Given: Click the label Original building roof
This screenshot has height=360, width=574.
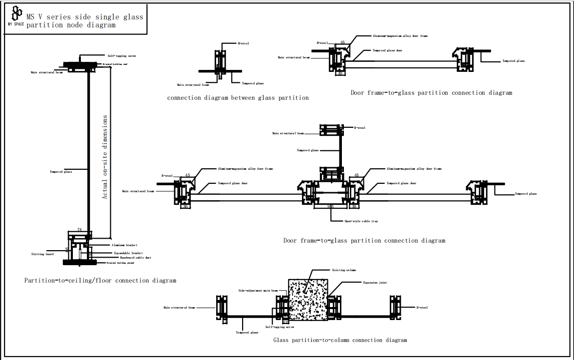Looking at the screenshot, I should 115,64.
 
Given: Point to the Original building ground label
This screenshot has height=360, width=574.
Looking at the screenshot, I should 120,262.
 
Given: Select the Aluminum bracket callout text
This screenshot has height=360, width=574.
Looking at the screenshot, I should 124,245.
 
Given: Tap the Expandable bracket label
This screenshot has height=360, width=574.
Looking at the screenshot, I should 128,253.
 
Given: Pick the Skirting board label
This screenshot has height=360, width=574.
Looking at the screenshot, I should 42,254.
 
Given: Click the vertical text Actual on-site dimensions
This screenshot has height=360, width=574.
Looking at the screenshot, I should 105,157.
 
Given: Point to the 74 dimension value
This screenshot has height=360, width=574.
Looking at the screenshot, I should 80,230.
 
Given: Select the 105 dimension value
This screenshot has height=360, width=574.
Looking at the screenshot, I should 330,206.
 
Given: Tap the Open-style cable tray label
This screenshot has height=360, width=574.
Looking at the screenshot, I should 361,221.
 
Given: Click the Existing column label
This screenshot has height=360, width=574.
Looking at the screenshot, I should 344,270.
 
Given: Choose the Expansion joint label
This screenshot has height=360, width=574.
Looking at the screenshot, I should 374,283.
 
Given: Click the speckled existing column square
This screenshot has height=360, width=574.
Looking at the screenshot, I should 308,300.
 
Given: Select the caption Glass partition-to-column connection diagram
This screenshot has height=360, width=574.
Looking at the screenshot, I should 340,340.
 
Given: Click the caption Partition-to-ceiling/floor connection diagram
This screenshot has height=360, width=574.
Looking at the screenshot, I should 100,281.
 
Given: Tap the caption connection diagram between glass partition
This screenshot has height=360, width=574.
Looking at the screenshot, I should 238,98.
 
